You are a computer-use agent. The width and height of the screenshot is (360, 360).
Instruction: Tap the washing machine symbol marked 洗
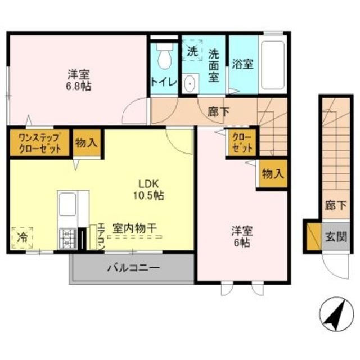193,50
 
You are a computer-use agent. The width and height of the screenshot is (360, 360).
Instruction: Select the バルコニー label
134,268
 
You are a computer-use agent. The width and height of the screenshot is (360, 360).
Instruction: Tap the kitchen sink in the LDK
67,204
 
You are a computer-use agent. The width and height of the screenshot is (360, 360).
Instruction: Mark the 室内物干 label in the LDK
134,229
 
